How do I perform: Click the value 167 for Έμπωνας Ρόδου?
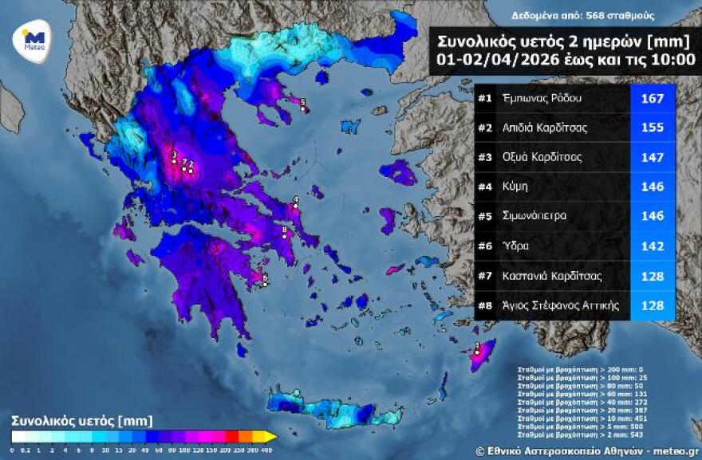653,99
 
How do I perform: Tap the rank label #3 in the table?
484,157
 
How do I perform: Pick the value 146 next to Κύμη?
653,187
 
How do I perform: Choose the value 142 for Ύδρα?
653,246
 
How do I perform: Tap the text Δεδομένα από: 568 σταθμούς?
582,15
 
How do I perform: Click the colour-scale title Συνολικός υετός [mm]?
81,420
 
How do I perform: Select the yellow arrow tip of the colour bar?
272,436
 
